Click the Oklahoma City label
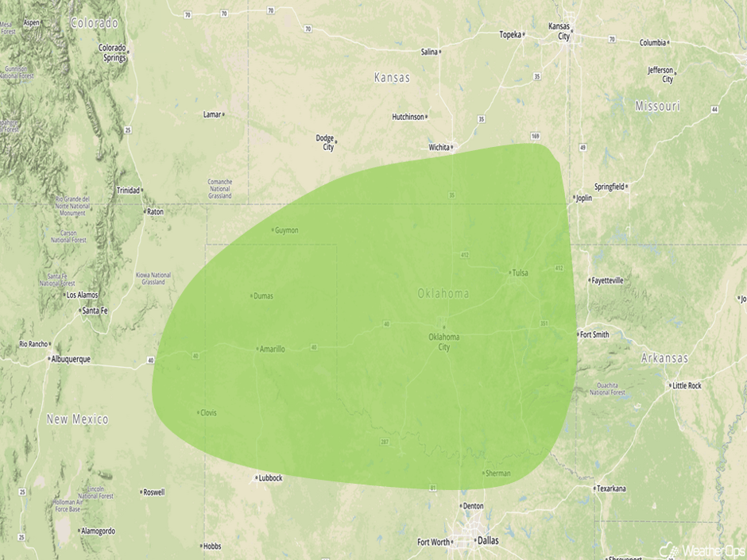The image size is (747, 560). tap(443, 342)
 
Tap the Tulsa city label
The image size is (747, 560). tap(520, 272)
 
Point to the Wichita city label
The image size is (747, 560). tap(438, 147)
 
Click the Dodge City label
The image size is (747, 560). tap(325, 142)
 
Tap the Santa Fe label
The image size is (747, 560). tap(95, 311)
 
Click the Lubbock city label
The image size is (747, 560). tap(269, 478)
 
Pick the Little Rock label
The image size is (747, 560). tap(687, 385)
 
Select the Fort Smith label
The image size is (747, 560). tap(594, 334)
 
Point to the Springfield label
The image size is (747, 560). tap(610, 187)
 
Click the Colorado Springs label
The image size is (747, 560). tap(113, 52)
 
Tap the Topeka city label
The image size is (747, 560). tap(509, 34)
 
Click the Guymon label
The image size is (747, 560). tap(286, 230)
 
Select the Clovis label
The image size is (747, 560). tap(208, 412)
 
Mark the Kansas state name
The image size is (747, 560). tap(392, 78)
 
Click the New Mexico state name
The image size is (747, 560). tap(77, 419)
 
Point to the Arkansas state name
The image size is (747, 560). tap(665, 358)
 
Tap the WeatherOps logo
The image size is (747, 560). tap(699, 550)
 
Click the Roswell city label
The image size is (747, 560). tap(153, 492)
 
